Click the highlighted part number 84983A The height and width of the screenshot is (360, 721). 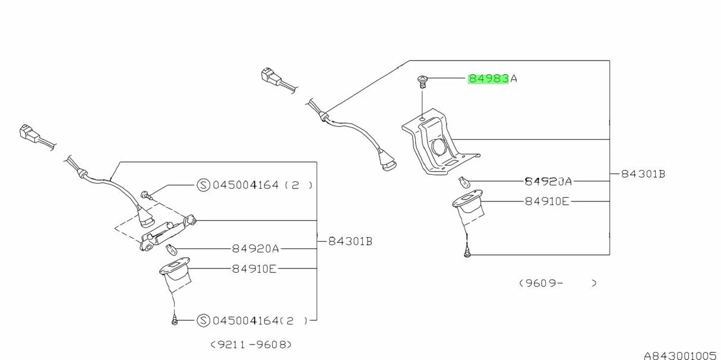point(492,78)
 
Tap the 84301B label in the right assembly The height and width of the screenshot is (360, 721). point(643,174)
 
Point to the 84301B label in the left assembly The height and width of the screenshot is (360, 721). point(350,241)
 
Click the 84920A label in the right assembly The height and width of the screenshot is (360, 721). point(548,181)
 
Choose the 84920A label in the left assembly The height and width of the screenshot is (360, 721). point(255,248)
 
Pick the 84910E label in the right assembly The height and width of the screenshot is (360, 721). point(547,201)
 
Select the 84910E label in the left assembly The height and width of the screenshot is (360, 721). point(254,269)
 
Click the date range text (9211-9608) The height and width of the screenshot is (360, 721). point(251,345)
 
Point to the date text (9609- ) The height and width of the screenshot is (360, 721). point(557,283)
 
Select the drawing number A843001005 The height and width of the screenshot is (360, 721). point(680,355)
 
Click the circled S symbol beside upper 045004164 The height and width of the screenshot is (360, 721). point(203,185)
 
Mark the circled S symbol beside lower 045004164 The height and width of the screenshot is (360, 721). point(203,321)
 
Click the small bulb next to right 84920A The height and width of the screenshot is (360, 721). point(464,181)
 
